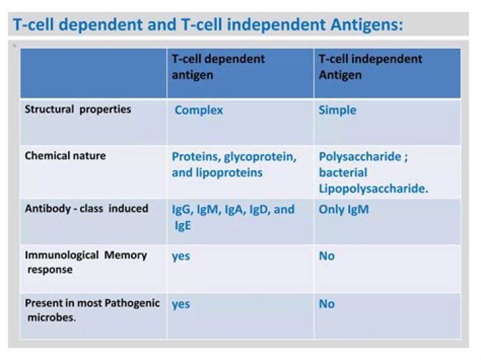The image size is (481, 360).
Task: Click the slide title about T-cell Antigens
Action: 208,25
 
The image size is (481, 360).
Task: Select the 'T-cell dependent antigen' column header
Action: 218,67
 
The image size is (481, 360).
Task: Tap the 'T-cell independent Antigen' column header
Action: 370,67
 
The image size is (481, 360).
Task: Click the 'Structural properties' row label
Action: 77,109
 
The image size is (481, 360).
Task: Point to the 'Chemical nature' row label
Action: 65,156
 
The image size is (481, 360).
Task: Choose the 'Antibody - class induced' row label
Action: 86,208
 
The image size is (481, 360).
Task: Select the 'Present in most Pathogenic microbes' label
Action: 92,310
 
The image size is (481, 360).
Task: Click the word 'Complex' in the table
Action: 198,110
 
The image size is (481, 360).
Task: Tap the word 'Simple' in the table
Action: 337,110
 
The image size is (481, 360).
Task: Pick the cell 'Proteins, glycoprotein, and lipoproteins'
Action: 234,164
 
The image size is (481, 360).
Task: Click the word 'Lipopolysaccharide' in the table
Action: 373,188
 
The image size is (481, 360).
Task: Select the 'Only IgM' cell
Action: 343,209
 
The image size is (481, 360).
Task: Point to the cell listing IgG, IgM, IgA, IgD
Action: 233,217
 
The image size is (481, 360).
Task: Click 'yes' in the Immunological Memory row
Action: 180,256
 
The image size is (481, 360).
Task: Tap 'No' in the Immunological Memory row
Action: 327,256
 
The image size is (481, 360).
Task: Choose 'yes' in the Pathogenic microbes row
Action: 180,305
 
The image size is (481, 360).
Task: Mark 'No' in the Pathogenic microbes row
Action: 327,304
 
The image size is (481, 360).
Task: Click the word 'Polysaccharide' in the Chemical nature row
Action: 361,157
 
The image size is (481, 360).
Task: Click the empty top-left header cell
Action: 93,73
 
